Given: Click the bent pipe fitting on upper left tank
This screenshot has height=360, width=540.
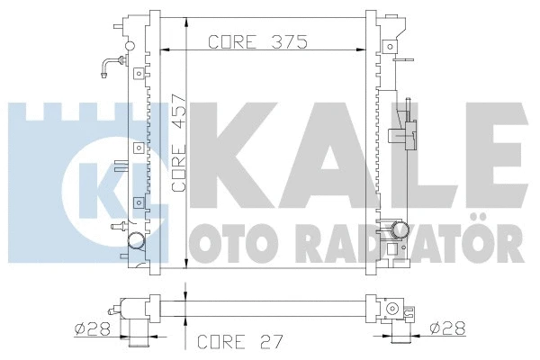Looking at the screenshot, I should pyautogui.click(x=112, y=64).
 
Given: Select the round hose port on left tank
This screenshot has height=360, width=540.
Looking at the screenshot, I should pyautogui.click(x=136, y=240).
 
